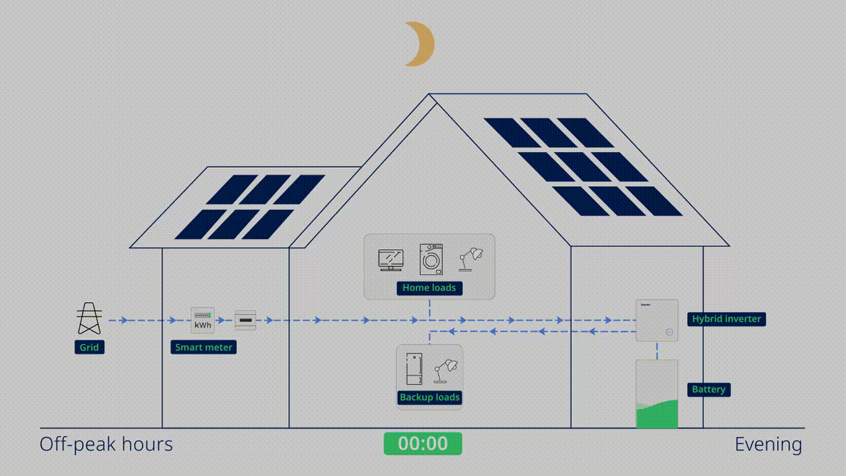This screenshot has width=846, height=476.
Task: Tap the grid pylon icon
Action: coord(89,318)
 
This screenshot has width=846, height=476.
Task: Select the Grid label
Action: coord(89,347)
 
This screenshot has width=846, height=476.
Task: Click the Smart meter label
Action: coord(204,347)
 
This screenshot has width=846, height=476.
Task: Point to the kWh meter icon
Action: coord(203,321)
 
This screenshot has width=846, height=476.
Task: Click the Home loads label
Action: coord(430,288)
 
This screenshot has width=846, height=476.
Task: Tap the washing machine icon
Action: coord(431,259)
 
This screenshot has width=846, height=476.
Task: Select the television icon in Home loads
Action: coord(391,260)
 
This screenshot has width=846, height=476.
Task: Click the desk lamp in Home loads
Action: coord(471,260)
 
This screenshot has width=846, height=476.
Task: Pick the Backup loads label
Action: coord(430,397)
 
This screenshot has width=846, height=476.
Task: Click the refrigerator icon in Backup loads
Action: coord(414,369)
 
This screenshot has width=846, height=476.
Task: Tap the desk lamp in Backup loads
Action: coord(445,372)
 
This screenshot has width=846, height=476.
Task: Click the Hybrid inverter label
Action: coord(726,319)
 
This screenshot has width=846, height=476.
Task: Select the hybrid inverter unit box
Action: coord(657,321)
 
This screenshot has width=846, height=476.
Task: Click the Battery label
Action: coord(709,389)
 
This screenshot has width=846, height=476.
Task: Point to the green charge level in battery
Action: coord(657,415)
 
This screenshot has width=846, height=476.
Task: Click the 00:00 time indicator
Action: coord(423,444)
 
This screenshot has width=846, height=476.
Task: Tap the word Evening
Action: coord(769,444)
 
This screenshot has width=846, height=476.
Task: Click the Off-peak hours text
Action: coord(106,445)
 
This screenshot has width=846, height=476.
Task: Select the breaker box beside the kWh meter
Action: coord(245,321)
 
